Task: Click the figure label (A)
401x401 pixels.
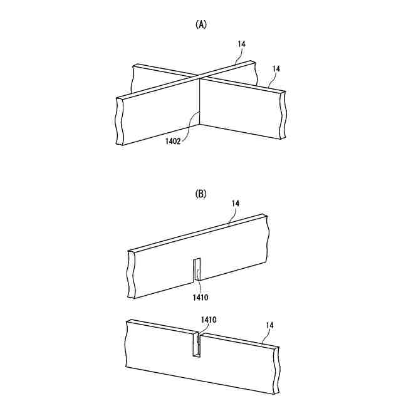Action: (x=201, y=24)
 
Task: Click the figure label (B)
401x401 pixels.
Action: (x=201, y=194)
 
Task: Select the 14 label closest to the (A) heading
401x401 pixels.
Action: (x=242, y=44)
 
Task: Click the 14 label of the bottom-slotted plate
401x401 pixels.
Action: (x=236, y=204)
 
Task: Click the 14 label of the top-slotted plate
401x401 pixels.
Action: (x=270, y=325)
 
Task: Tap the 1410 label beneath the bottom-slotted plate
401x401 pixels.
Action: (x=200, y=296)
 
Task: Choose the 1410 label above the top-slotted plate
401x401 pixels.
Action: (x=209, y=320)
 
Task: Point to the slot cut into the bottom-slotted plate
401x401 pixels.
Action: (x=196, y=270)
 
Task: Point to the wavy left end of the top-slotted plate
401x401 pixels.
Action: (x=128, y=345)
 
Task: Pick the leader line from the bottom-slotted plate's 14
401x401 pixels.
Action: (x=231, y=216)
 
